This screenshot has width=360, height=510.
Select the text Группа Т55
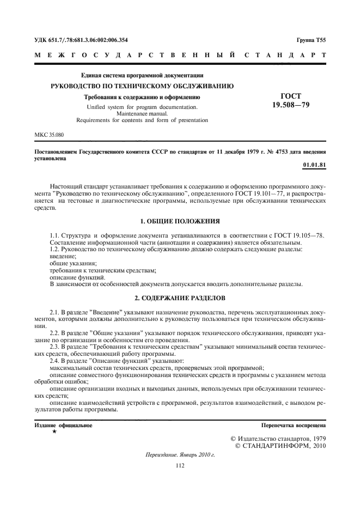(311, 40)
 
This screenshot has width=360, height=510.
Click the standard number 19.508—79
(290, 105)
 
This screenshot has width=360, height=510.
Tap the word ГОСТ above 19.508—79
(290, 95)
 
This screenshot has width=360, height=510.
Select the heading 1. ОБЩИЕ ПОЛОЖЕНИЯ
(180, 221)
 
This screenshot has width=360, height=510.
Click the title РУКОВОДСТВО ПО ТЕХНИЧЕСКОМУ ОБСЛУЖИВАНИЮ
(142, 86)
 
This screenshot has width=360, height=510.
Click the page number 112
(180, 465)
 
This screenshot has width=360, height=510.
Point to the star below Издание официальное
(54, 431)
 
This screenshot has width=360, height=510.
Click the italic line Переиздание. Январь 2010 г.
(180, 454)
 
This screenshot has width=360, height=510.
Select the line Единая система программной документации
(142, 75)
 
